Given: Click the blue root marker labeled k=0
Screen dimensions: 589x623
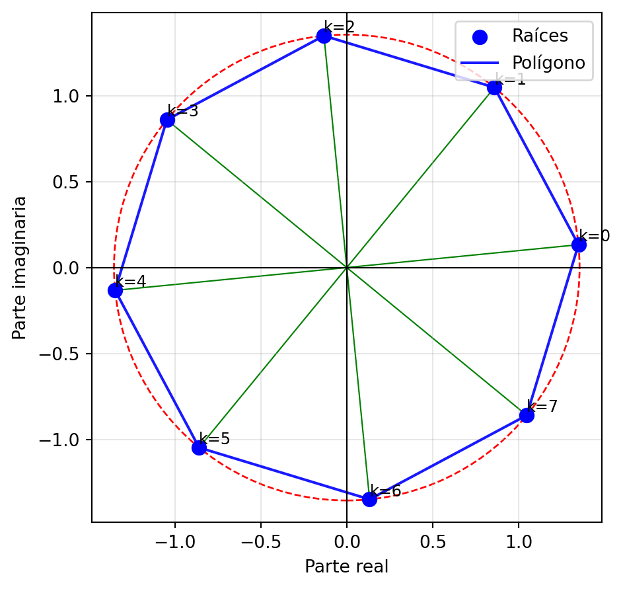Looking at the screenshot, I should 579,245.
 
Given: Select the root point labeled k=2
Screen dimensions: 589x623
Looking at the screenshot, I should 324,36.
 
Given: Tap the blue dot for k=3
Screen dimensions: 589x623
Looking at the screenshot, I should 167,120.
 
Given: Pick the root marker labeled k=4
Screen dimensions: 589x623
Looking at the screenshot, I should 115,290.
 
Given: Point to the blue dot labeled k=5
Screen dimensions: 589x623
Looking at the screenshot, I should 199,448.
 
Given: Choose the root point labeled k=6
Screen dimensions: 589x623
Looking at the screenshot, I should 369,499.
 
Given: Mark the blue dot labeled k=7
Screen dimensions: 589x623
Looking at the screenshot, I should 527,415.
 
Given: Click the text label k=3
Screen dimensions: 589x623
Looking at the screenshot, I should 183,110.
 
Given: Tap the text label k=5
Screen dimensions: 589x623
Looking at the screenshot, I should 215,438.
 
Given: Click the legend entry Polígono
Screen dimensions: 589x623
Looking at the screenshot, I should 548,63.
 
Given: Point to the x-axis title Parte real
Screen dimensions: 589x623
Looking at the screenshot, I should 346,567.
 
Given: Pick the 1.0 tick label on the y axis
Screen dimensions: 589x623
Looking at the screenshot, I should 67,96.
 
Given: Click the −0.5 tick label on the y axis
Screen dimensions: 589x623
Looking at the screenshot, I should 62,354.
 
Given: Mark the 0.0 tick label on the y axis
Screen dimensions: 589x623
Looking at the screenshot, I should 67,268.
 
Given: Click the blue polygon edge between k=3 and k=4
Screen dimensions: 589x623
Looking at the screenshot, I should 141,205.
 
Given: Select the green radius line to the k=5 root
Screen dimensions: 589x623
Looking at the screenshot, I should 272,358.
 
